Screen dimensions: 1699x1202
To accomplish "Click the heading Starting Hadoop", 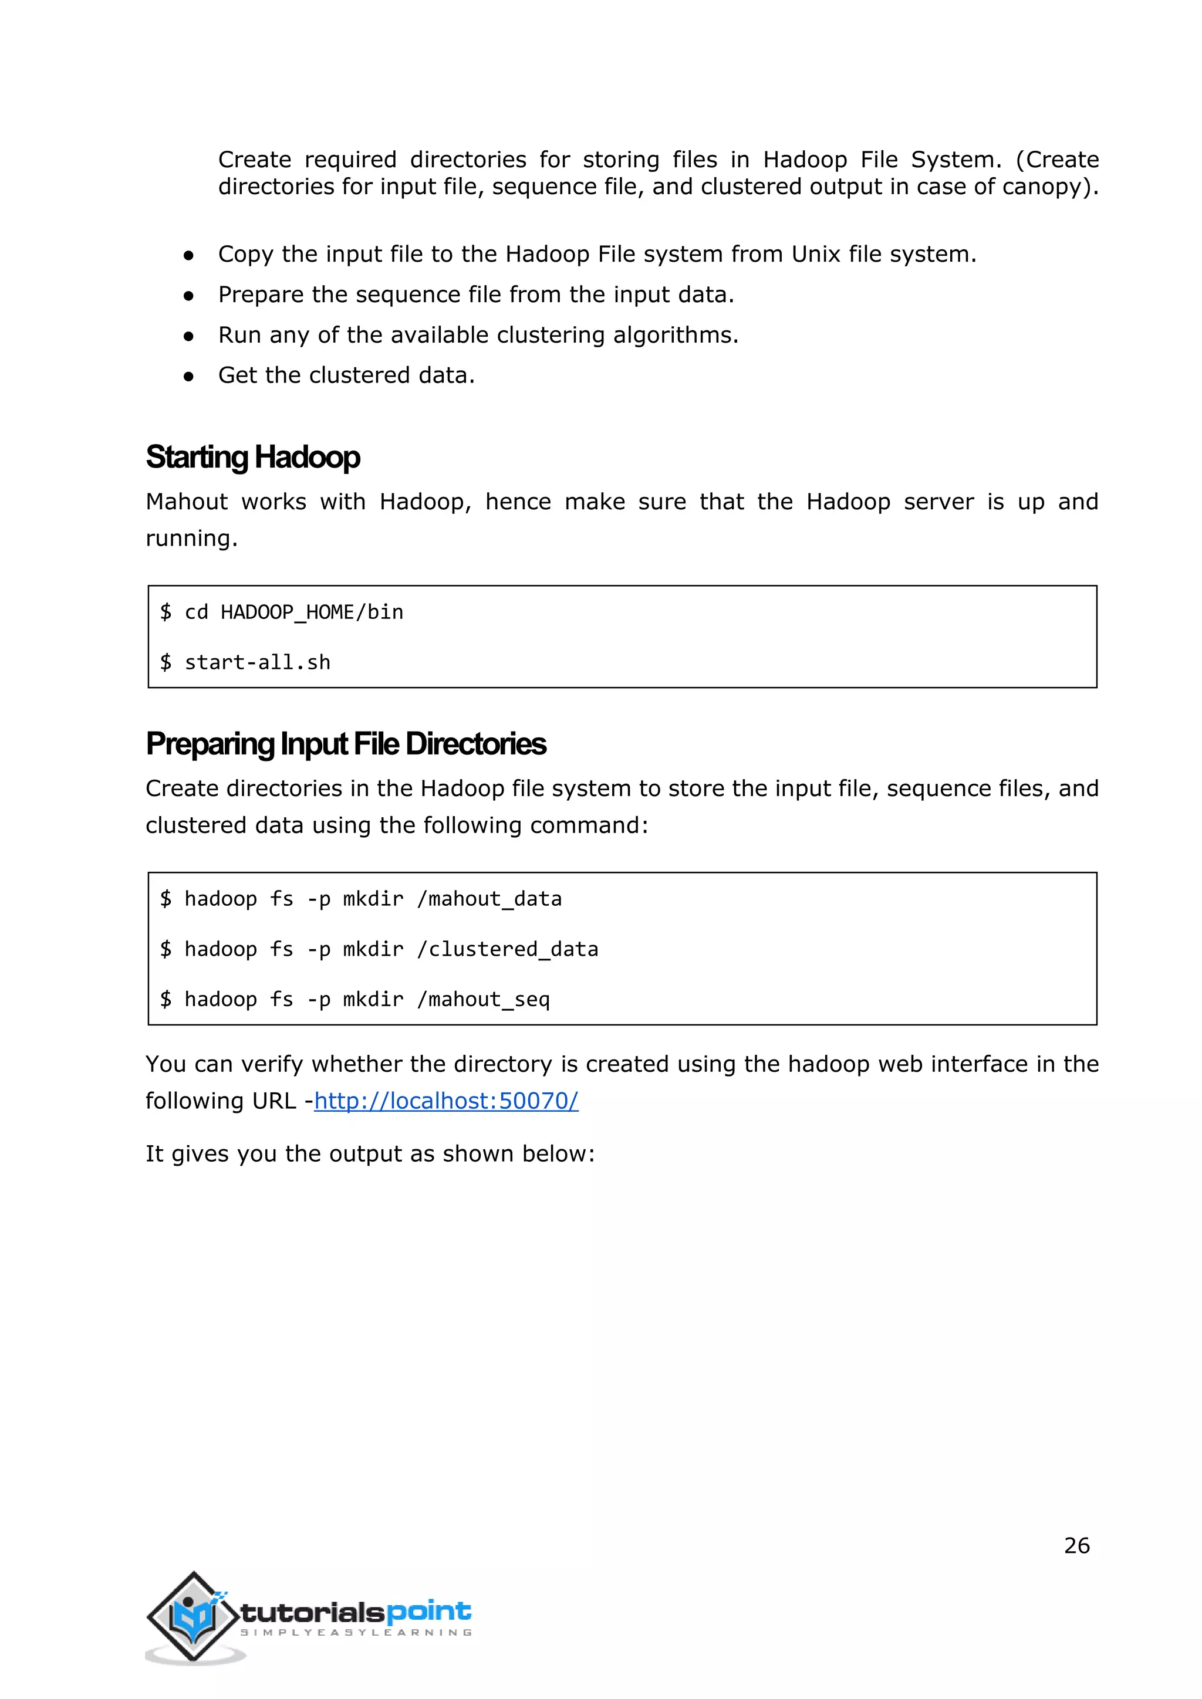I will click(252, 457).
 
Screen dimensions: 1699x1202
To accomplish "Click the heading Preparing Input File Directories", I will click(346, 744).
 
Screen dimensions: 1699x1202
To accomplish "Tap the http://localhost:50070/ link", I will click(445, 1101).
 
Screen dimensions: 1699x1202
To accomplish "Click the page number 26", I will click(1076, 1546).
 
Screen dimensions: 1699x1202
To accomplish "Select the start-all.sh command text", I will click(257, 662).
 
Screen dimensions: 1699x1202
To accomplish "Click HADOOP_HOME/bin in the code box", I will click(312, 612).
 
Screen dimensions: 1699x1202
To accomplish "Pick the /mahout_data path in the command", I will click(489, 899).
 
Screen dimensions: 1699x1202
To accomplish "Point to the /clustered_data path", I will click(508, 949).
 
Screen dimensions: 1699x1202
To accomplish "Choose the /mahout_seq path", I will click(483, 1000).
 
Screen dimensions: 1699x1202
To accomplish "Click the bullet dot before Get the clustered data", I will click(189, 377).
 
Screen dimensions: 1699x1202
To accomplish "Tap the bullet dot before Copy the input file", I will click(189, 255).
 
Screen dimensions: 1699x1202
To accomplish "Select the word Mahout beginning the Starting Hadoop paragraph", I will click(187, 502).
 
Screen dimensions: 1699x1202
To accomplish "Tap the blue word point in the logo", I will click(428, 1611).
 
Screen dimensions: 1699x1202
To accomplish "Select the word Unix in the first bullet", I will click(816, 255).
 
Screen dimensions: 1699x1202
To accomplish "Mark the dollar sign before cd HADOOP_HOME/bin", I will click(166, 612).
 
